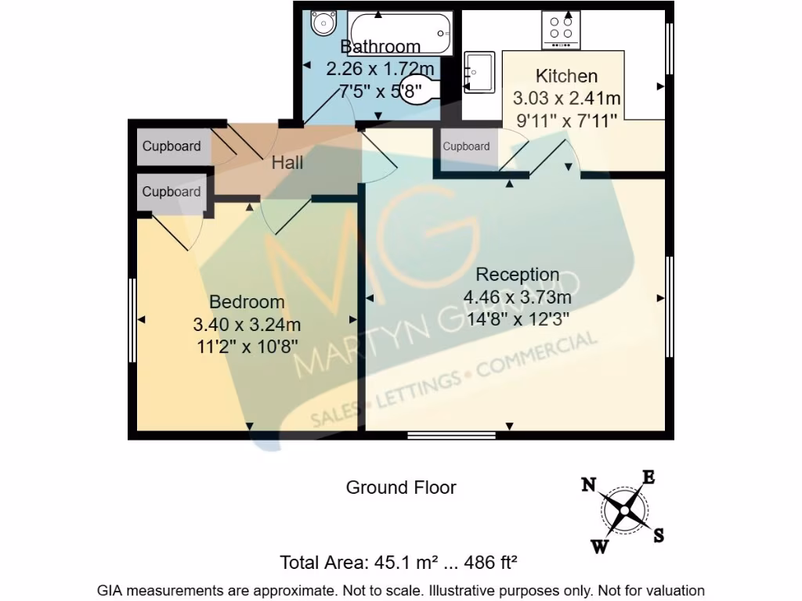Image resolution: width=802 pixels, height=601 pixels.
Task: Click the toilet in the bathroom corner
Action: coord(321,23)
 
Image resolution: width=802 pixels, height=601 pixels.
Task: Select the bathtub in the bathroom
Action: coord(400,33)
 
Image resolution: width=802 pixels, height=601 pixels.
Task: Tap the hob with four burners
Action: coord(561,29)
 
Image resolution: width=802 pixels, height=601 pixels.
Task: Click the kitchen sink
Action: coord(479,72)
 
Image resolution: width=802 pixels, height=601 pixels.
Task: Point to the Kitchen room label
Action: coord(566,76)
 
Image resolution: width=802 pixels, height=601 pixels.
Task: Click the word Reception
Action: coord(518,275)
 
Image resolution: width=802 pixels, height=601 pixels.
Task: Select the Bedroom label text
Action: coord(247,302)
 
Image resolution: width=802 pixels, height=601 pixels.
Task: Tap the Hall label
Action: coord(287,164)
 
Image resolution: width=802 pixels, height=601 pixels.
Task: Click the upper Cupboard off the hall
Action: coord(172,147)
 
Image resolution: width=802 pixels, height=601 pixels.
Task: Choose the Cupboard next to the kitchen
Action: coord(466,146)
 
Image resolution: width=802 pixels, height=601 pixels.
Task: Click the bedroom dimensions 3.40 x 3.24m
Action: coord(247,324)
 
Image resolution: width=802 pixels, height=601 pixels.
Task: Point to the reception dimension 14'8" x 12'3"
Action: coord(516,319)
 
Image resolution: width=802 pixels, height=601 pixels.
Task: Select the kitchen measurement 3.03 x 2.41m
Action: coord(566,99)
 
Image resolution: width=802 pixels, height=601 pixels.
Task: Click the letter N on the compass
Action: coord(589,485)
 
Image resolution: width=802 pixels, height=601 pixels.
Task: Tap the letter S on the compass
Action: coord(659,535)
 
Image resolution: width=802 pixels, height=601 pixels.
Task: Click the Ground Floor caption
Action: coord(401,488)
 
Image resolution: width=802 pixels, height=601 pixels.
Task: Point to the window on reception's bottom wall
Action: coord(451,435)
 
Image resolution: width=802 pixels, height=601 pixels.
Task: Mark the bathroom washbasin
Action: coord(411,90)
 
